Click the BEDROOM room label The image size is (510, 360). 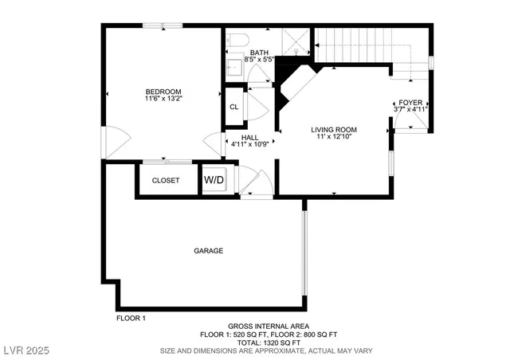163,91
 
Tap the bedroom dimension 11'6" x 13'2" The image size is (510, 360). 163,99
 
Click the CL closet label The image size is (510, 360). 233,107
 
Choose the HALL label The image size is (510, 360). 249,137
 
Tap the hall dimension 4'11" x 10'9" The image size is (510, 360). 249,145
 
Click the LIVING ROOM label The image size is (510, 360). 333,129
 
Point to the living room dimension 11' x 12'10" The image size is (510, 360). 333,137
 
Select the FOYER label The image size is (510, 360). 411,102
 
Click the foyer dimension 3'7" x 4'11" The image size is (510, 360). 411,110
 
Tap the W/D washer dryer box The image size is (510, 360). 214,180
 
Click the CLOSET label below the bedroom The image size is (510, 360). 166,181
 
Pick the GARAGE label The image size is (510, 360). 208,251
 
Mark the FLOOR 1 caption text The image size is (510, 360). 131,319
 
